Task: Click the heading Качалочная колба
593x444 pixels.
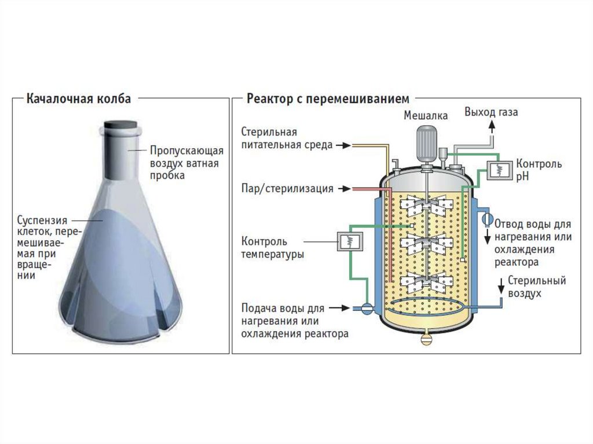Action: tap(79, 99)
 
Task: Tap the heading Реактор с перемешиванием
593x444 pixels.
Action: tap(328, 99)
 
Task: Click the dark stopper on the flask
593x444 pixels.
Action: tap(120, 124)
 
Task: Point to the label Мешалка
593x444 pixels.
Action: tap(426, 115)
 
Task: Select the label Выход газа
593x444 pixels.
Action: tap(491, 112)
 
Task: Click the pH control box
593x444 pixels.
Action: tap(499, 170)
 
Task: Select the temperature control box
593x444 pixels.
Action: tap(350, 241)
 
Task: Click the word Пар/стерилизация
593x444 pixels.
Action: tap(287, 188)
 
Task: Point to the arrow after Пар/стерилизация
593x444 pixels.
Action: tap(345, 188)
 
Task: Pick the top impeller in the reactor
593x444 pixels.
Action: tap(427, 206)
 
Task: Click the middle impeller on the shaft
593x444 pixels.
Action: tap(427, 244)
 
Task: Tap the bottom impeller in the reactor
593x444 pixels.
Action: tap(427, 282)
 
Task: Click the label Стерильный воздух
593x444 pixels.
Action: tap(537, 287)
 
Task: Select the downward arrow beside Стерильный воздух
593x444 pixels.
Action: tap(501, 286)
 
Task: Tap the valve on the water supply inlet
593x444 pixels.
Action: tap(366, 308)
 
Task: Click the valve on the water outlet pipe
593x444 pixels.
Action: tap(488, 218)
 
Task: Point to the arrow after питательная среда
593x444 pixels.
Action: tap(344, 145)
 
